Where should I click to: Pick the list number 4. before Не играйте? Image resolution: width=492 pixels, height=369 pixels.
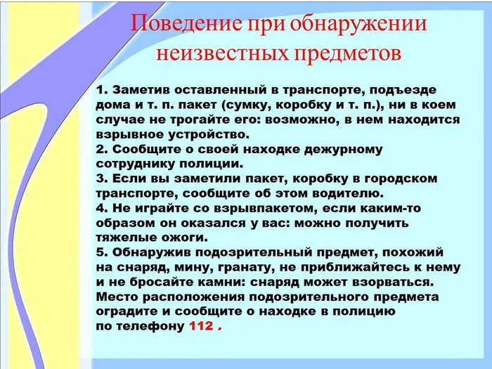[100, 208]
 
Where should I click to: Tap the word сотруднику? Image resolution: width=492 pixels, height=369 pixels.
[132, 164]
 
